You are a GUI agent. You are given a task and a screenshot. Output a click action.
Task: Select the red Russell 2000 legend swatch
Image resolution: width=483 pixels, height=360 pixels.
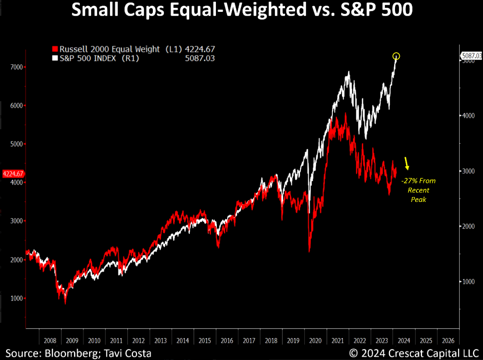click(55, 49)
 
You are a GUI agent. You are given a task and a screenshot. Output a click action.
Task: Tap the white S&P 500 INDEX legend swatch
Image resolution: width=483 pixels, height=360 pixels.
click(55, 58)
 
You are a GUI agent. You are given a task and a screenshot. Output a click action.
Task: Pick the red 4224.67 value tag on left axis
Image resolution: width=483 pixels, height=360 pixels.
click(13, 173)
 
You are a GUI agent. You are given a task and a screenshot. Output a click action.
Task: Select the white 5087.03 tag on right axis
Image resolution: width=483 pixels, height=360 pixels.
click(471, 56)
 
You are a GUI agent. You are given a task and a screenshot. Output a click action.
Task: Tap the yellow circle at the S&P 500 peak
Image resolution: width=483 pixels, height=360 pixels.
click(396, 56)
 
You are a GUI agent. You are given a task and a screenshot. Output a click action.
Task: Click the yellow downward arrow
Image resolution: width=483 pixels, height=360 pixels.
click(407, 163)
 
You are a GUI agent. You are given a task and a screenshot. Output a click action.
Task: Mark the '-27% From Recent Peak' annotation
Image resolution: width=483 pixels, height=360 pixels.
click(419, 190)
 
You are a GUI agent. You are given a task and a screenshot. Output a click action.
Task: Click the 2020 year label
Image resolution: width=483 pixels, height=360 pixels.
click(315, 340)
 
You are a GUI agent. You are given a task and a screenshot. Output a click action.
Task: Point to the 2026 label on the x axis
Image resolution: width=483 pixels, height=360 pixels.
click(448, 340)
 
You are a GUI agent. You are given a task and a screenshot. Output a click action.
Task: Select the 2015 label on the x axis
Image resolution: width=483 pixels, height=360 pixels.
click(204, 340)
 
